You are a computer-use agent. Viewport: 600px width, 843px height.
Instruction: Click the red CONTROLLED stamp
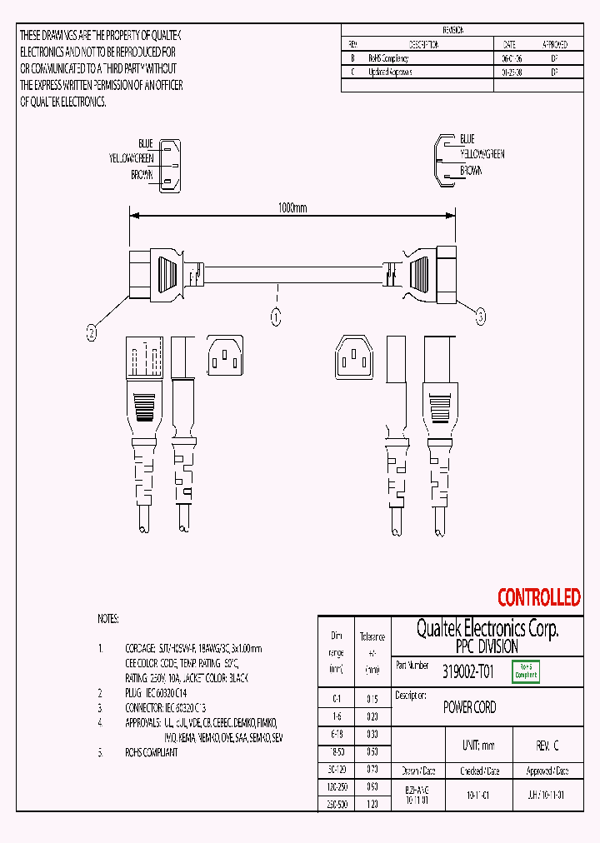pyautogui.click(x=538, y=597)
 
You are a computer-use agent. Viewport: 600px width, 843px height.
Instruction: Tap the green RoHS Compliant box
pyautogui.click(x=526, y=671)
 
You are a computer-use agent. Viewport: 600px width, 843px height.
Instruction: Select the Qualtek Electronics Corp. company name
pyautogui.click(x=487, y=629)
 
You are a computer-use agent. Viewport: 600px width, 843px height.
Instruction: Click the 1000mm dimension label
pyautogui.click(x=292, y=208)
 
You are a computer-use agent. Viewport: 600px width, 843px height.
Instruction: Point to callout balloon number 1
pyautogui.click(x=276, y=317)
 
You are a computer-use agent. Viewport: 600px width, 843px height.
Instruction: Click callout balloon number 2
pyautogui.click(x=92, y=332)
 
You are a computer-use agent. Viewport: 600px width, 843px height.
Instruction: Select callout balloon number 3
pyautogui.click(x=480, y=315)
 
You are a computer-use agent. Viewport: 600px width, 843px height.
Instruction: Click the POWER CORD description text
pyautogui.click(x=469, y=707)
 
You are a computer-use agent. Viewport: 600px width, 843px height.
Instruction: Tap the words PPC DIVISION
pyautogui.click(x=487, y=646)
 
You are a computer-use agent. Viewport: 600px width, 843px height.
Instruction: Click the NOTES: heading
pyautogui.click(x=108, y=619)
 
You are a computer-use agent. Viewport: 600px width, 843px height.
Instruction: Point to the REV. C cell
pyautogui.click(x=547, y=746)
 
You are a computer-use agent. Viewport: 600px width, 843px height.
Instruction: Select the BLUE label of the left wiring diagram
pyautogui.click(x=145, y=144)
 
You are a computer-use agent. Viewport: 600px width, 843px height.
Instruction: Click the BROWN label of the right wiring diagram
pyautogui.click(x=470, y=170)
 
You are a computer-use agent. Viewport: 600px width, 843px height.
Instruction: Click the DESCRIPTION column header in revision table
pyautogui.click(x=423, y=44)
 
